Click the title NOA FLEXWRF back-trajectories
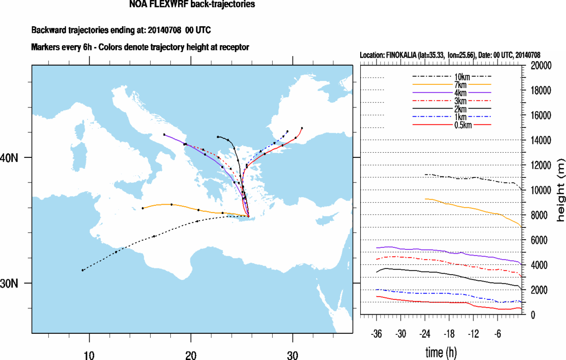pos(192,5)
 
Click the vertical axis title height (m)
pos(560,190)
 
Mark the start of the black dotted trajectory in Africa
pos(83,270)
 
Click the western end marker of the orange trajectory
pos(143,208)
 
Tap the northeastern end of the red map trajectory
pos(302,128)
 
